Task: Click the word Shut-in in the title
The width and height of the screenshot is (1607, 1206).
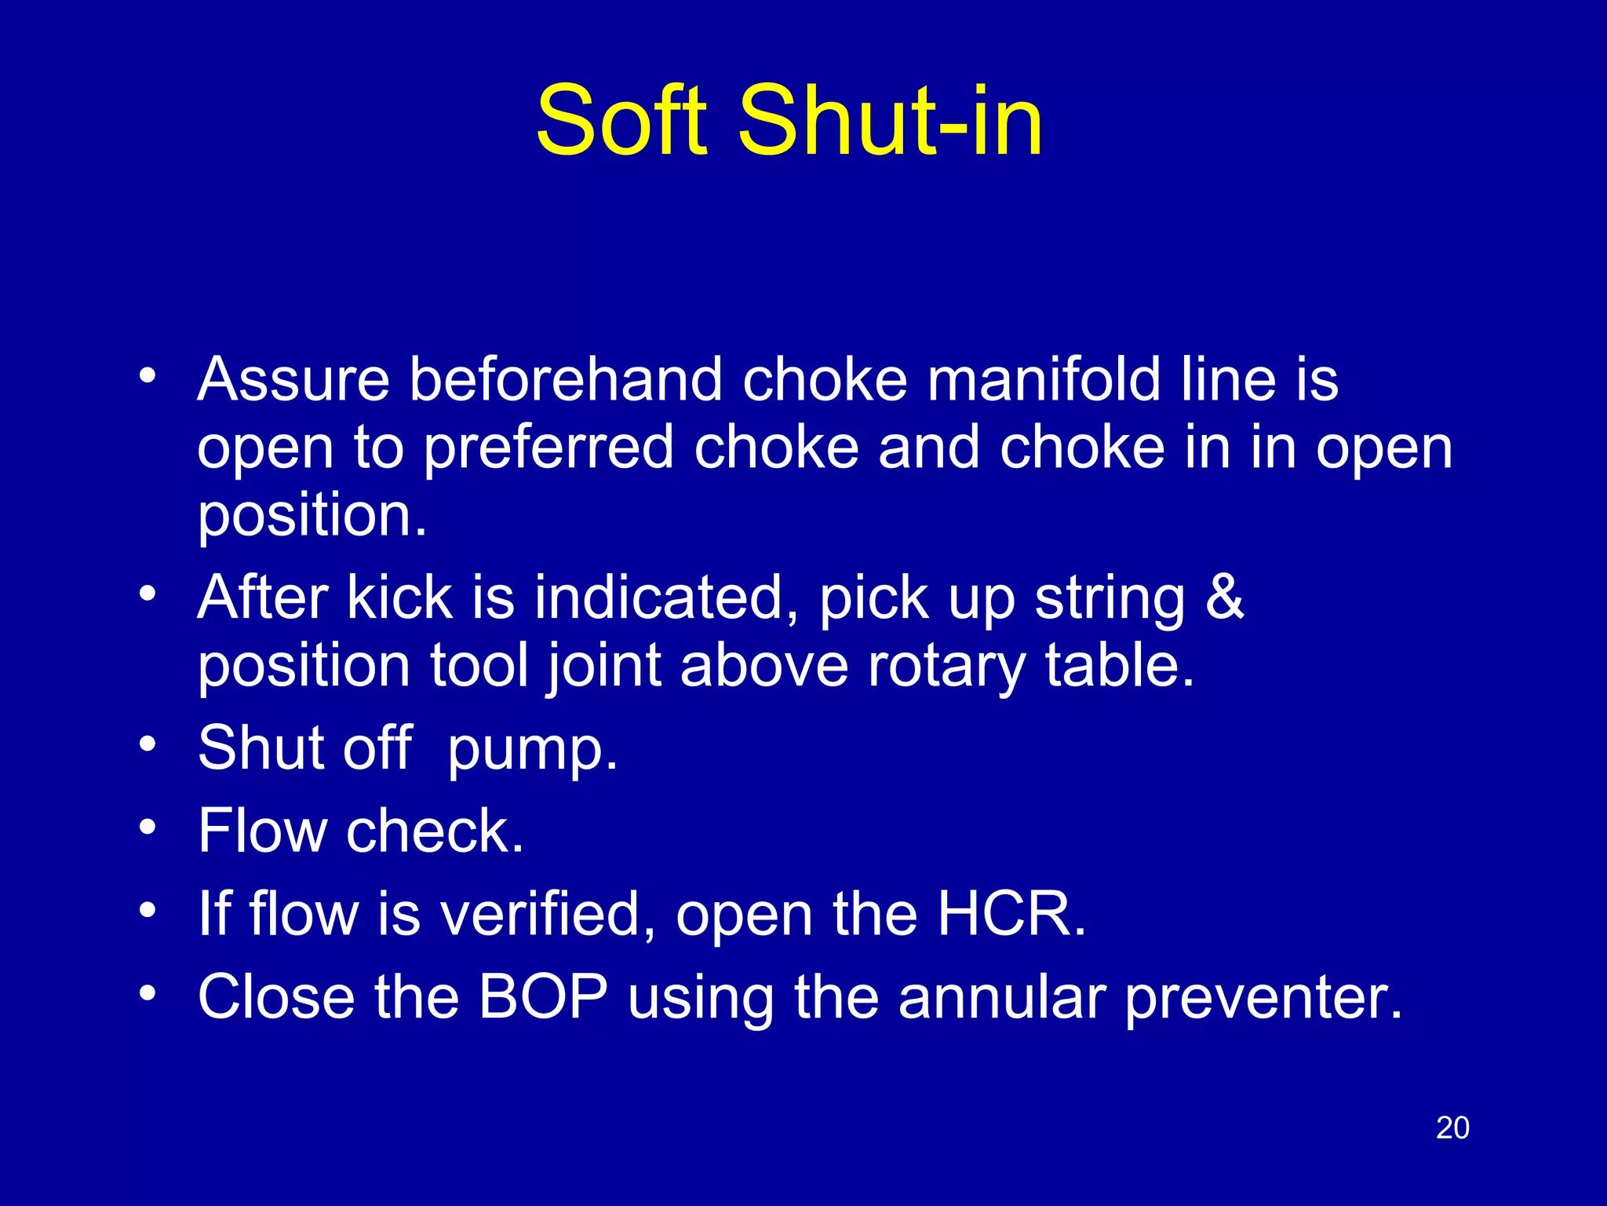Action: pyautogui.click(x=890, y=122)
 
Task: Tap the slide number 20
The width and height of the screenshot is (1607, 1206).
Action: pyautogui.click(x=1452, y=1128)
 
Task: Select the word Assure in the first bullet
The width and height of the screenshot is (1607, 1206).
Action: pyautogui.click(x=293, y=380)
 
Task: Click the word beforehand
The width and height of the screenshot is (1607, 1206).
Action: pyautogui.click(x=565, y=380)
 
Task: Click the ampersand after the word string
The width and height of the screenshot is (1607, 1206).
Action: pyautogui.click(x=1225, y=597)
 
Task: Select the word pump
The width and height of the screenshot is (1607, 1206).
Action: pyautogui.click(x=532, y=750)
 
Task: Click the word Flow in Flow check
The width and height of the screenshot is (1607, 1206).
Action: pyautogui.click(x=262, y=831)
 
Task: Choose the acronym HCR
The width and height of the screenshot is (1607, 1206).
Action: pyautogui.click(x=1011, y=914)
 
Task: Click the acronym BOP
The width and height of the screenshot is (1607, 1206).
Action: pyautogui.click(x=543, y=997)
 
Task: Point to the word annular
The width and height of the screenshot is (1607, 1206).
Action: pyautogui.click(x=1002, y=997)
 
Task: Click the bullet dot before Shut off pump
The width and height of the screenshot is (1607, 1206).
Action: pyautogui.click(x=147, y=744)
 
